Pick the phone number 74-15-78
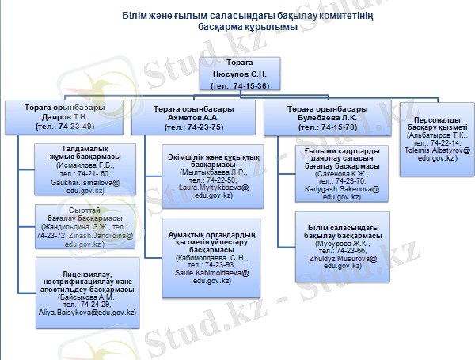335,125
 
